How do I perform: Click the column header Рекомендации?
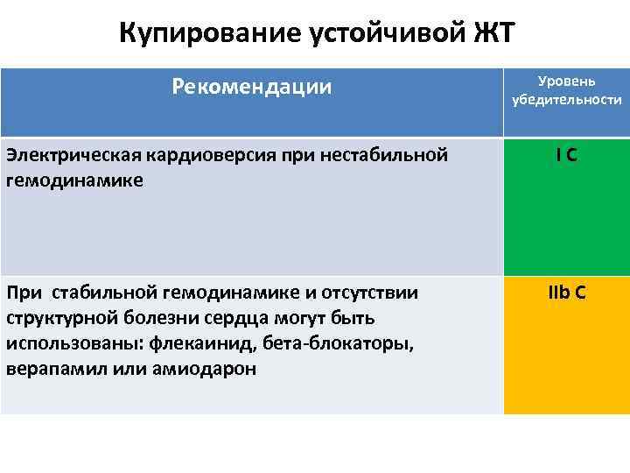(252, 86)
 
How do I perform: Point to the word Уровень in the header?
(567, 81)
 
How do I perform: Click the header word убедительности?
(567, 100)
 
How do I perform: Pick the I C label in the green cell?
(565, 155)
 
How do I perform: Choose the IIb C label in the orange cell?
(566, 293)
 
